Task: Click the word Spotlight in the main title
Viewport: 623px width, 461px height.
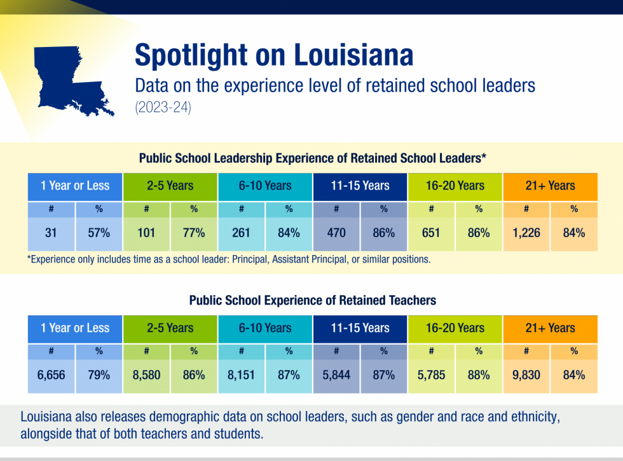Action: point(191,55)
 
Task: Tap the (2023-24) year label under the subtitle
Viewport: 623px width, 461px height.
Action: point(163,108)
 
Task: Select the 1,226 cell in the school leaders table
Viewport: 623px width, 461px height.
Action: point(526,233)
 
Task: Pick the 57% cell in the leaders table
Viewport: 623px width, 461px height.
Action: point(99,233)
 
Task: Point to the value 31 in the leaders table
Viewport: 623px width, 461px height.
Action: point(51,233)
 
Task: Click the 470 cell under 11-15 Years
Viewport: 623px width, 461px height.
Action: point(336,233)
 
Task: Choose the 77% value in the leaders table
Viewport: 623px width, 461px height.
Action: point(193,233)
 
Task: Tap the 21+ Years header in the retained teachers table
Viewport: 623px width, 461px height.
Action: point(550,328)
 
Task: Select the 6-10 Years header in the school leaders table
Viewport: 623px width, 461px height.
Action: point(265,186)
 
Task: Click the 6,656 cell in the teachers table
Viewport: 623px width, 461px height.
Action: point(51,375)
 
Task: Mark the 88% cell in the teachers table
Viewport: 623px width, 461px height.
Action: point(479,375)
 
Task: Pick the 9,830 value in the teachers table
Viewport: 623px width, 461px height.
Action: point(526,375)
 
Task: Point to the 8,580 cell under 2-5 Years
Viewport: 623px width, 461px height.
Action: point(146,375)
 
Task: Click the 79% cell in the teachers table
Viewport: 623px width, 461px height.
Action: point(99,375)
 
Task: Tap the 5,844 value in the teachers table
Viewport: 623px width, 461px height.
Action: point(336,375)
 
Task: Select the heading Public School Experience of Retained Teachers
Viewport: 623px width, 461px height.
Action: point(312,299)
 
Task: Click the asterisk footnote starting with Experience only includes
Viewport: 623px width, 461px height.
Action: point(229,260)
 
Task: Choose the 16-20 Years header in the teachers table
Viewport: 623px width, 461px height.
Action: point(455,328)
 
